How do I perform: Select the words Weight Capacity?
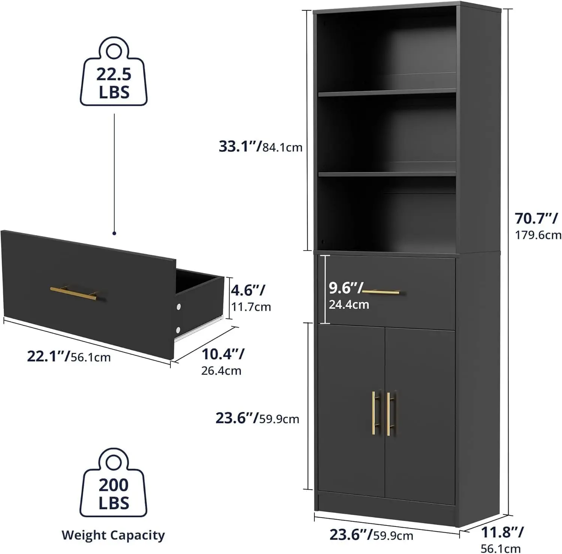[113, 535]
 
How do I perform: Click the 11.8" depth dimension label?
[502, 532]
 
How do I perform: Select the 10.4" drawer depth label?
[223, 354]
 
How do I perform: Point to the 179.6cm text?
[538, 235]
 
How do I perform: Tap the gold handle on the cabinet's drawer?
[381, 292]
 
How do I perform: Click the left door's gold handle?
[374, 413]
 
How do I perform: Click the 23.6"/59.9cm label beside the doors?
[257, 418]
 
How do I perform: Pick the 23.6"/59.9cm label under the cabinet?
[371, 535]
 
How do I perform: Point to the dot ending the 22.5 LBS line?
[114, 233]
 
